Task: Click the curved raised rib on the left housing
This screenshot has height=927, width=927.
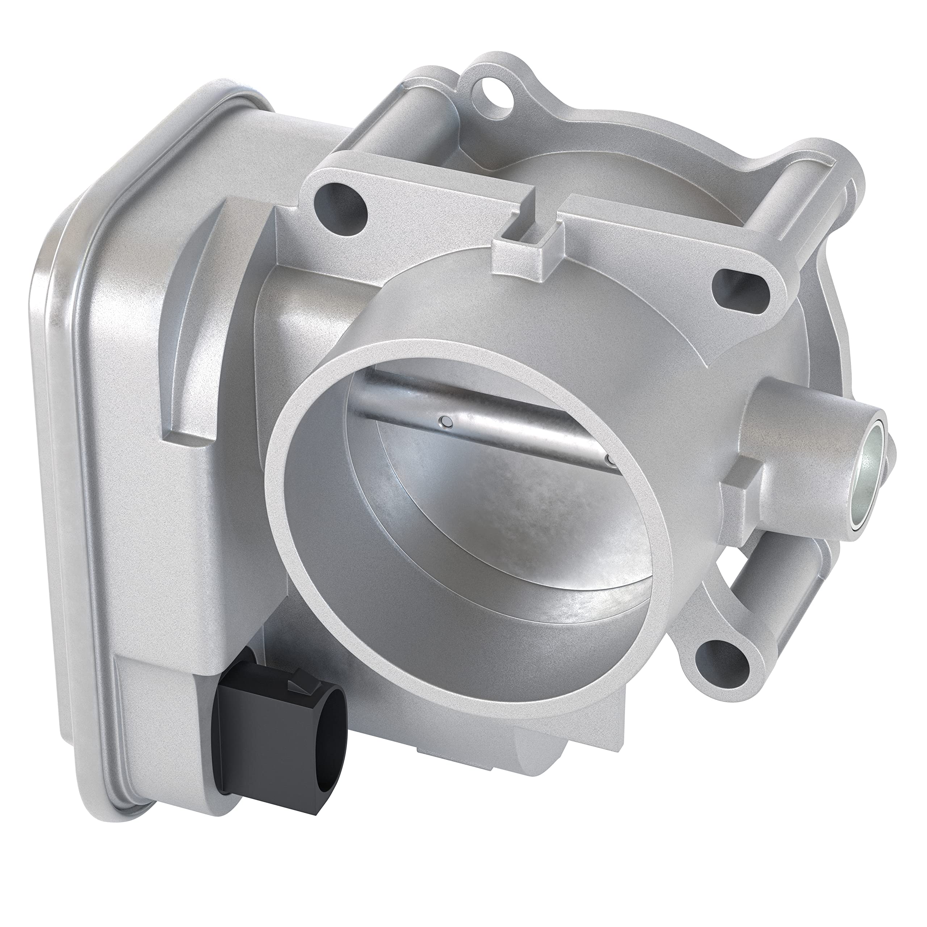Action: pos(192,307)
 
